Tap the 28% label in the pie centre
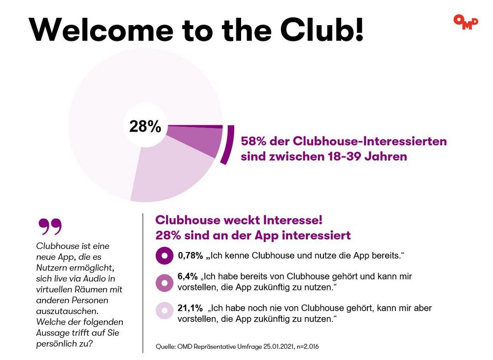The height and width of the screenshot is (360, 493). click(x=145, y=127)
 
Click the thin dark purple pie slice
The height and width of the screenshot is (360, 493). click(x=207, y=126)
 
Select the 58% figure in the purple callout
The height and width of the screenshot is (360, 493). click(x=253, y=142)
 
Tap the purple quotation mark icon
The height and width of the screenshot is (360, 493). click(x=50, y=227)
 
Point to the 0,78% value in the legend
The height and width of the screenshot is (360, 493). click(x=190, y=256)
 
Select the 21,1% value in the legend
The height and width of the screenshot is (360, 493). click(x=190, y=308)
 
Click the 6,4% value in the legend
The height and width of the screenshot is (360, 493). click(x=187, y=277)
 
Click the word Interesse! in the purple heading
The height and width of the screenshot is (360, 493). click(x=291, y=219)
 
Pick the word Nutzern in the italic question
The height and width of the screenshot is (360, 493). click(x=52, y=267)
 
